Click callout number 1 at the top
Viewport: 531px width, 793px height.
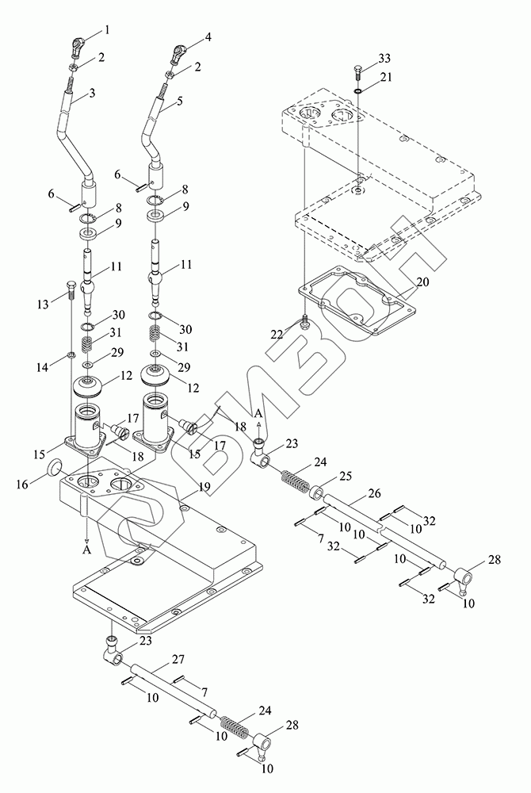click(x=107, y=30)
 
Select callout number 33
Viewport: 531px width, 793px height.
click(x=384, y=58)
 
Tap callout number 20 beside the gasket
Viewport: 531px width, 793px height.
click(x=422, y=282)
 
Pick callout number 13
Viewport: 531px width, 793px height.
click(x=43, y=304)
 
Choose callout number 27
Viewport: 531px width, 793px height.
click(x=178, y=660)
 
